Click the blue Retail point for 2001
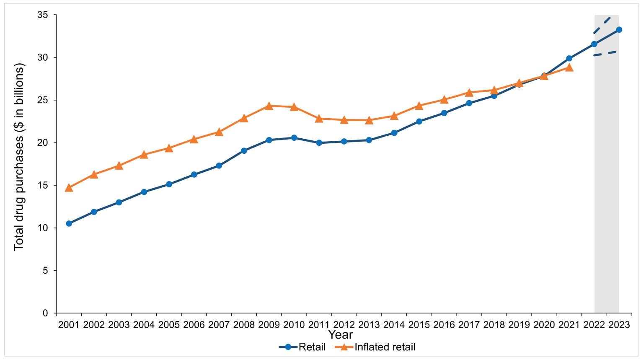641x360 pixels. click(x=69, y=223)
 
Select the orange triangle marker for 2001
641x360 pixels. click(x=69, y=188)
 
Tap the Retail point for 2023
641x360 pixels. click(x=619, y=30)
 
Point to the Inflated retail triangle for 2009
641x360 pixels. click(x=269, y=106)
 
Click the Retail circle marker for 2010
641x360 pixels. click(x=294, y=138)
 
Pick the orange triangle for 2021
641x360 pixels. click(x=569, y=67)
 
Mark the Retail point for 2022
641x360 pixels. click(x=594, y=44)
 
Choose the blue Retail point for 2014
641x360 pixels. click(x=394, y=133)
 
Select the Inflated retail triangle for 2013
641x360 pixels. click(x=369, y=120)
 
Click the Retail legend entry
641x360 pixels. click(x=302, y=347)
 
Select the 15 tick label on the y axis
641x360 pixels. click(x=43, y=185)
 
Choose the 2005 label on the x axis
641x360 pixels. click(x=169, y=325)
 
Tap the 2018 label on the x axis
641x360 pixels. click(x=494, y=325)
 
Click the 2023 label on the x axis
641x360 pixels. click(x=619, y=325)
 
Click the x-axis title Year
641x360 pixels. click(x=340, y=335)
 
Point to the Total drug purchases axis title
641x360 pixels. click(x=19, y=157)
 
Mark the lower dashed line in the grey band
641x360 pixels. click(x=605, y=53)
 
